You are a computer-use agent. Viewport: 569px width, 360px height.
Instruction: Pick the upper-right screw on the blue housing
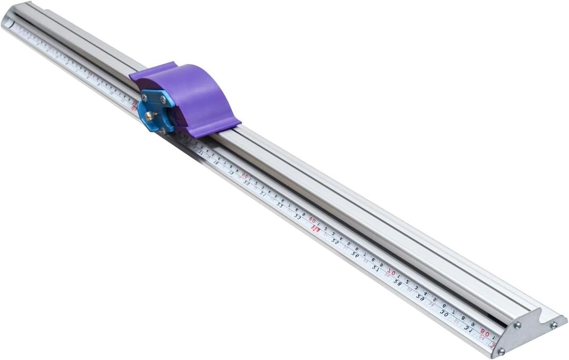163,99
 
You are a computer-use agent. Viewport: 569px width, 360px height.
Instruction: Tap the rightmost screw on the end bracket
554,325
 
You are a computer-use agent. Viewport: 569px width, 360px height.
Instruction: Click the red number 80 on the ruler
485,333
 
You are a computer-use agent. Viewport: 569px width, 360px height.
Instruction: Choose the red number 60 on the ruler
312,219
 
